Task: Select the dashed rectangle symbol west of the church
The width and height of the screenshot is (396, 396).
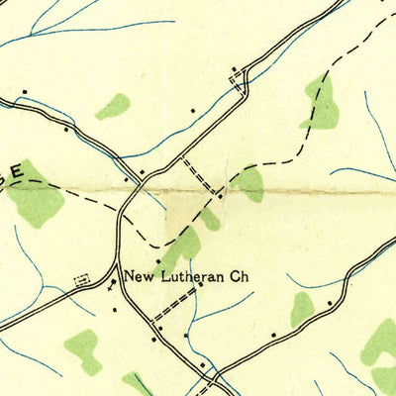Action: tap(81, 280)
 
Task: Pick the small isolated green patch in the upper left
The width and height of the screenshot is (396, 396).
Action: tap(114, 106)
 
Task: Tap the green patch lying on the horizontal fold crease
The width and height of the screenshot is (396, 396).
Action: tap(248, 182)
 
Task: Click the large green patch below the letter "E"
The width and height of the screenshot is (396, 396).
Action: tap(38, 195)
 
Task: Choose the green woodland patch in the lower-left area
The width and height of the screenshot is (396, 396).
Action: tap(83, 349)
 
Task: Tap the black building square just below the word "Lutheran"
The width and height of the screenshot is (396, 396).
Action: tap(200, 286)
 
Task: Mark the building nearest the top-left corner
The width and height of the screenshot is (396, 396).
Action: tap(24, 97)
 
